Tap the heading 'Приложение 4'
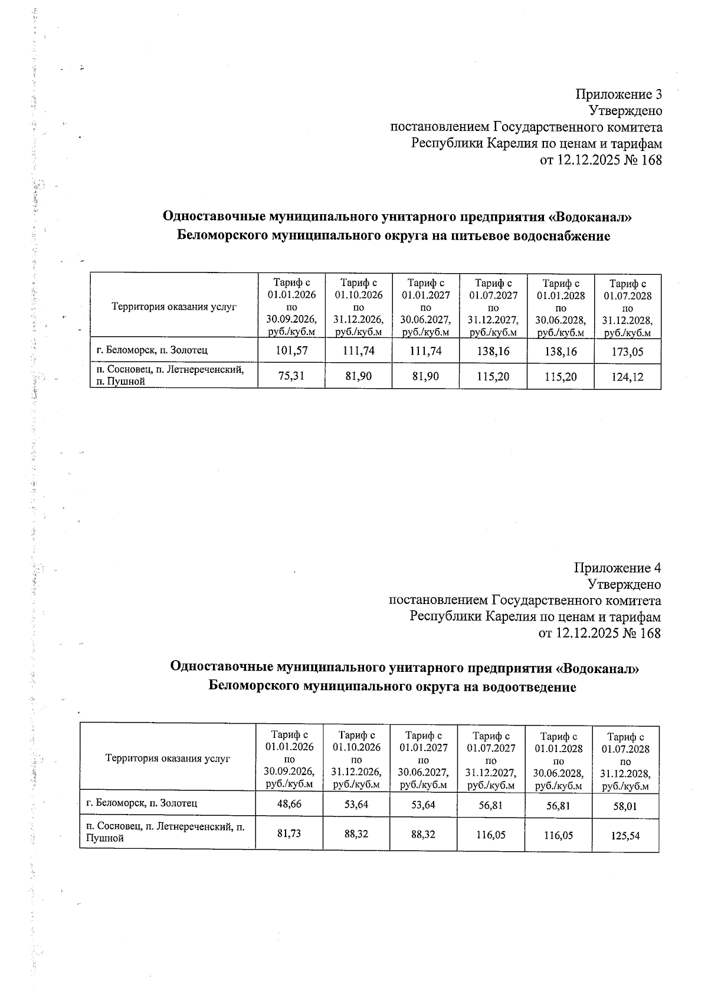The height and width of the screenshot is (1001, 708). click(x=617, y=568)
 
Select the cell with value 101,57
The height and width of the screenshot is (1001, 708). click(x=291, y=351)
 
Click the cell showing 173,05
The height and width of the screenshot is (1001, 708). click(x=628, y=352)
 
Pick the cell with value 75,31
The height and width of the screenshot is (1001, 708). click(x=291, y=376)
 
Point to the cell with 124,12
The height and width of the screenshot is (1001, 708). click(x=628, y=377)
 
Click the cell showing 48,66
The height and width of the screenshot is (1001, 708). click(x=289, y=804)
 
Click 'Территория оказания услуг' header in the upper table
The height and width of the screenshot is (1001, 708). click(x=173, y=307)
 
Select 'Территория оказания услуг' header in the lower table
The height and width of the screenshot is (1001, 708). click(x=168, y=759)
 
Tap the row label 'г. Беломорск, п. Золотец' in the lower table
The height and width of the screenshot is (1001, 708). click(x=142, y=803)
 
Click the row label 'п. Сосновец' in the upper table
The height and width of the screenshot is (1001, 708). click(x=118, y=370)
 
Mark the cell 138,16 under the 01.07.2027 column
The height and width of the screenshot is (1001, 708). click(x=493, y=352)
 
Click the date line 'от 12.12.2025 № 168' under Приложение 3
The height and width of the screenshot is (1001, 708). click(x=601, y=160)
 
